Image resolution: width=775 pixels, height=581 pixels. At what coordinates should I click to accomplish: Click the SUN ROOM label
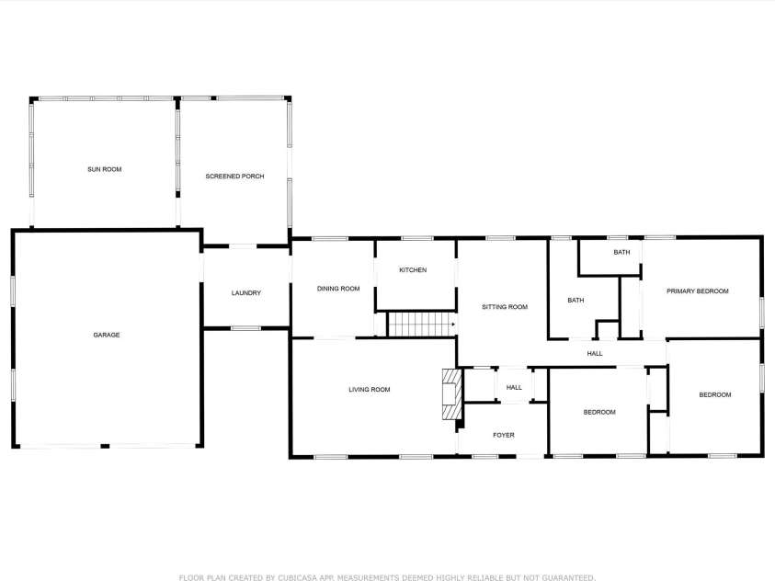(104, 169)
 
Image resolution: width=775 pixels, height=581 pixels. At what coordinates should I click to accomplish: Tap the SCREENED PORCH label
(234, 177)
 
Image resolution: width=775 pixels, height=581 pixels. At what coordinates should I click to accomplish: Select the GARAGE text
(107, 335)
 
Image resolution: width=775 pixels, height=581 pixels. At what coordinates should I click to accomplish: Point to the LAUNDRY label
(246, 293)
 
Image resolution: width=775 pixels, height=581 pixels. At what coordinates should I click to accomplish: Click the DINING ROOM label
(338, 289)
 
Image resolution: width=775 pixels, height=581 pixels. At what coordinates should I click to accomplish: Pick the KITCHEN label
(413, 269)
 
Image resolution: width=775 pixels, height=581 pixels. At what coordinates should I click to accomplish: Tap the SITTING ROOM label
(505, 307)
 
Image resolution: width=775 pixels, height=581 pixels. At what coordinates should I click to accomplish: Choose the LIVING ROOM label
(370, 389)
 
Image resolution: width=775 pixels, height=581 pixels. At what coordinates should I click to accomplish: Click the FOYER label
(504, 435)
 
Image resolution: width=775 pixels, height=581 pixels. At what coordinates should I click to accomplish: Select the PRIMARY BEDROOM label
(698, 291)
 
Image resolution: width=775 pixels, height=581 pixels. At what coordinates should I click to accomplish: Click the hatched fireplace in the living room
(452, 394)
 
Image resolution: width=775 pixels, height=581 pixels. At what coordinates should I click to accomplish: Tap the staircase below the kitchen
(421, 325)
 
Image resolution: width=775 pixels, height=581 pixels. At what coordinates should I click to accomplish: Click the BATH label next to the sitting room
(576, 300)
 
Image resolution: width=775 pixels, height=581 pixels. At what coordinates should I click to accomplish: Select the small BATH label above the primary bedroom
(621, 253)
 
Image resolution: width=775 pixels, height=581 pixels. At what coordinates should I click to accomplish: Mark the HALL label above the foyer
(514, 388)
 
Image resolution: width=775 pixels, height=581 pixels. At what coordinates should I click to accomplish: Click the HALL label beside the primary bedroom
(595, 354)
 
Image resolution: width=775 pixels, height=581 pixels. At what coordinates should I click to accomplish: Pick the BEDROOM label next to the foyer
(599, 412)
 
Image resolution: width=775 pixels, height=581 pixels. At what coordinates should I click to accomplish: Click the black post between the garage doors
(105, 446)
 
